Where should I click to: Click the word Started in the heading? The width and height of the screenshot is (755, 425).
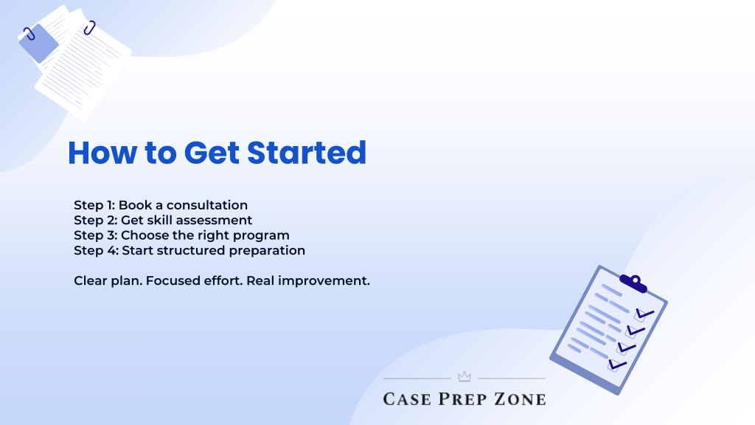pos(307,153)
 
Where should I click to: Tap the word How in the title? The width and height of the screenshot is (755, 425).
pos(102,153)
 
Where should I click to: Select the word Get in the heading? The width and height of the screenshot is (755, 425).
pos(212,153)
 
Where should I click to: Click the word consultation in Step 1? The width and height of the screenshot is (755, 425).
pos(207,205)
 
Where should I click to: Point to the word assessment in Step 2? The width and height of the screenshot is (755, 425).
pos(212,220)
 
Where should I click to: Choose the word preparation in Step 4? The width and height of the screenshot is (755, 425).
pos(267,251)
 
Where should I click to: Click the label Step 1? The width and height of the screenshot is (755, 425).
pos(94,205)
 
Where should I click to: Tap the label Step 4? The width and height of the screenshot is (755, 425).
pos(96,251)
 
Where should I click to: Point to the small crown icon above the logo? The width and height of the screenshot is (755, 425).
pos(465,376)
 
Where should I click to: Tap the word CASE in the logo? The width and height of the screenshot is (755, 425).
pos(407,399)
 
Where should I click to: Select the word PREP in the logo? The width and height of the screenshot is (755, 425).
pos(463,399)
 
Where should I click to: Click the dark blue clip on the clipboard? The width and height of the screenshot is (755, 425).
pos(633,283)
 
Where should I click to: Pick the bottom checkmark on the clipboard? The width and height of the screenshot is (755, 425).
pos(617,364)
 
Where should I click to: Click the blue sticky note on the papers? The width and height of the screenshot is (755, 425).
pos(38,44)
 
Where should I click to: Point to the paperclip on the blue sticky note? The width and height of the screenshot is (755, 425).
pos(29,34)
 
